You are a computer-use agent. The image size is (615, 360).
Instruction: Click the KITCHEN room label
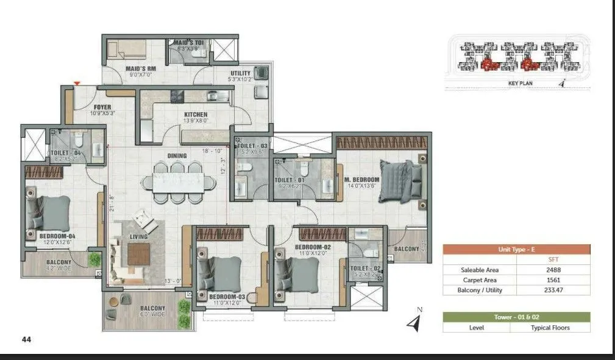point(196,115)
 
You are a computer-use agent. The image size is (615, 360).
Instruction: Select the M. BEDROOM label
point(361,180)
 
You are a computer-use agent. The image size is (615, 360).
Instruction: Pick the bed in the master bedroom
point(400,181)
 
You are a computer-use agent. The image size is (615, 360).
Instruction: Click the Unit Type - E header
point(516,249)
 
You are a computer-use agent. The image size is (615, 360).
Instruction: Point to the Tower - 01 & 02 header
point(516,317)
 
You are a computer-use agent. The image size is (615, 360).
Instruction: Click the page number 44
point(26,339)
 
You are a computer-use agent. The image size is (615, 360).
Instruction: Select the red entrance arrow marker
point(77,83)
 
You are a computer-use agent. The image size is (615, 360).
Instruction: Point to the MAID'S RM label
point(141,69)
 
